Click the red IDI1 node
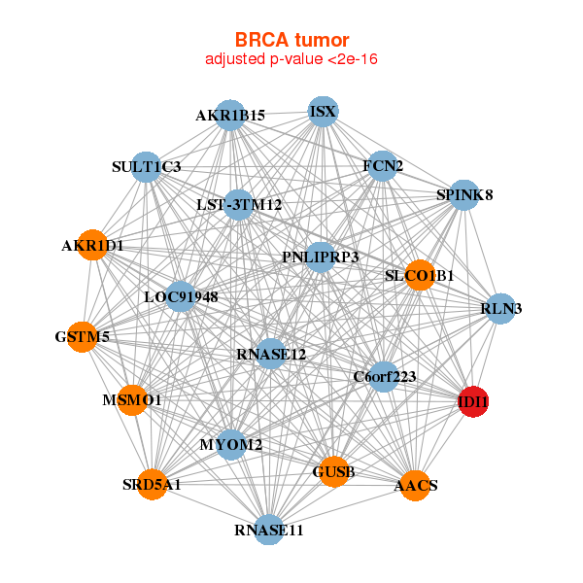tap(472, 402)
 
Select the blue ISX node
tap(323, 112)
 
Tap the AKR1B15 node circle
tap(229, 116)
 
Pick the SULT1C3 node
tap(146, 166)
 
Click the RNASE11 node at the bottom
tap(269, 529)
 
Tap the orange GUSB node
tap(333, 471)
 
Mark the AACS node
tap(415, 485)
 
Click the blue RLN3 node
tap(500, 309)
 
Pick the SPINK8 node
tap(464, 195)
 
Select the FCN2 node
tap(383, 166)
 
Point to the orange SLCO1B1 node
tap(420, 275)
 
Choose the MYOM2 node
tap(231, 444)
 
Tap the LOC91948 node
tap(181, 296)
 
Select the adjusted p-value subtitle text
tap(291, 59)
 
